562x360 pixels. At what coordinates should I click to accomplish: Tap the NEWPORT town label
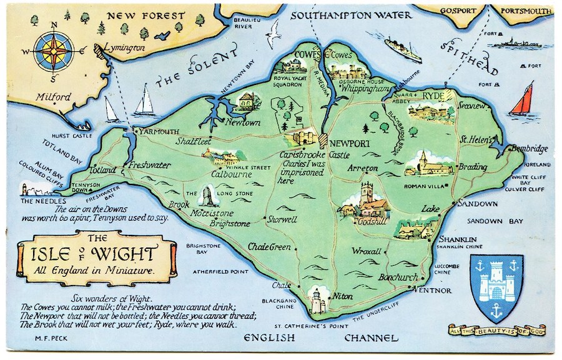(350, 143)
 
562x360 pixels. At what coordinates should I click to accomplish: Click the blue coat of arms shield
(496, 286)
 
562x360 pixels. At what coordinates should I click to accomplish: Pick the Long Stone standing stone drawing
(205, 196)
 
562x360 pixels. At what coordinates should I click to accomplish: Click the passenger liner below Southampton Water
(403, 48)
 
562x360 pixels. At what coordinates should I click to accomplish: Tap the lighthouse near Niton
(317, 301)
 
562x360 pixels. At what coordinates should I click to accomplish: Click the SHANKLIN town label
(458, 239)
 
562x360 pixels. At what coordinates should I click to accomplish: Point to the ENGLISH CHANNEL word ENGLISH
(270, 338)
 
